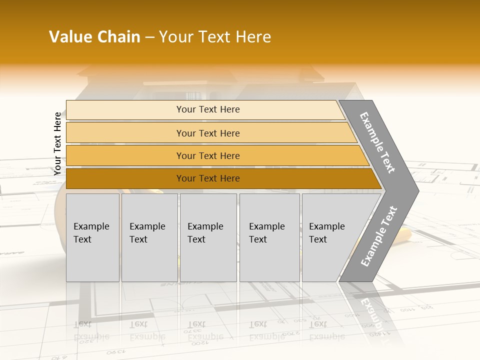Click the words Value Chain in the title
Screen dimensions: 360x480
click(94, 37)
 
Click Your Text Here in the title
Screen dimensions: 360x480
click(215, 37)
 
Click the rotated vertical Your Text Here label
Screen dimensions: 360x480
click(57, 143)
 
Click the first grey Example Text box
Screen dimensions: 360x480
click(92, 237)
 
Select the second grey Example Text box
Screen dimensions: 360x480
click(149, 237)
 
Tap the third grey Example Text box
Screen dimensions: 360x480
click(208, 237)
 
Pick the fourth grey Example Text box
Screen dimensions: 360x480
click(269, 237)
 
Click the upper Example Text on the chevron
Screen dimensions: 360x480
click(377, 142)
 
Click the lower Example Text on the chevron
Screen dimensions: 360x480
click(378, 236)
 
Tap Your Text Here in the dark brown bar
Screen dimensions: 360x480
click(208, 178)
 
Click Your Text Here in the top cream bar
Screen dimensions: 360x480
click(208, 109)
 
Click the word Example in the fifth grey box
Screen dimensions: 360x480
click(326, 226)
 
